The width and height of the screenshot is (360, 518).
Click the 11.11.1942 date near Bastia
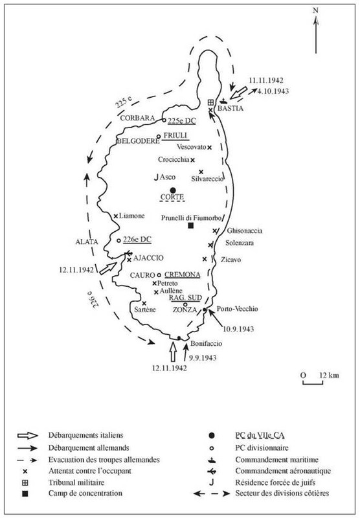pyautogui.click(x=266, y=82)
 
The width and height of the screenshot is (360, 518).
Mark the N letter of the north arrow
pyautogui.click(x=315, y=10)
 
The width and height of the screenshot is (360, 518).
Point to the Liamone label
pyautogui.click(x=132, y=216)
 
